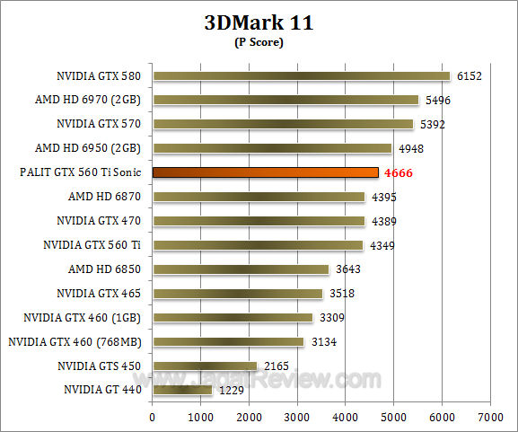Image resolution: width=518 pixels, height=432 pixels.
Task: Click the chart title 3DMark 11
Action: (258, 23)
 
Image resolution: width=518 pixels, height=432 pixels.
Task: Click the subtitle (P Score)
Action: (259, 43)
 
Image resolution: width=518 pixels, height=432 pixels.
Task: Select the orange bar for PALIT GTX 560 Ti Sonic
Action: (265, 172)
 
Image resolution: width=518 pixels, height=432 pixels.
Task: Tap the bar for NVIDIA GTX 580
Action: (301, 75)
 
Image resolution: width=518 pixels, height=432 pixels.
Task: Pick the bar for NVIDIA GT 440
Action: (182, 390)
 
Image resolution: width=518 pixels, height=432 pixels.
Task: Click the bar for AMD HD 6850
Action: (241, 269)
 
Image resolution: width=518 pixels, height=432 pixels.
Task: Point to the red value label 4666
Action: (398, 172)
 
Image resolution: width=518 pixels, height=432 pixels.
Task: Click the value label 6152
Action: (468, 76)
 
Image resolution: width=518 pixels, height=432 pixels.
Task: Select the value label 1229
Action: (231, 390)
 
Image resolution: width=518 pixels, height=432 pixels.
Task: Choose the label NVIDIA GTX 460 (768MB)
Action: (79, 341)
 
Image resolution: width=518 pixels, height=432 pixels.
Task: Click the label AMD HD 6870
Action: (108, 196)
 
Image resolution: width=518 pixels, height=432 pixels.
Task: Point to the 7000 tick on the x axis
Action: (489, 417)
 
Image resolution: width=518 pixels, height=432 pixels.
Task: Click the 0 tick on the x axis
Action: (153, 417)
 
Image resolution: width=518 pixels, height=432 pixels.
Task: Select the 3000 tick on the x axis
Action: (297, 417)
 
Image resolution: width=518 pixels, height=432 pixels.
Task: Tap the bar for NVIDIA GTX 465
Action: (237, 293)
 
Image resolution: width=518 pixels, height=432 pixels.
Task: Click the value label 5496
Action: (436, 101)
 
